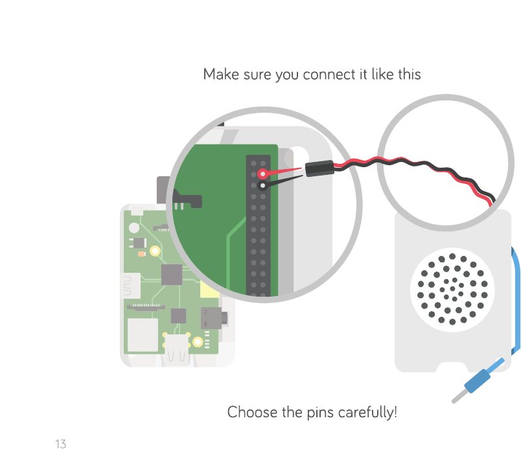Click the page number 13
(x=60, y=444)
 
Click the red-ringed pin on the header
(x=262, y=174)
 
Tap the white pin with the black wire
(x=262, y=185)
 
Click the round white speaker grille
(x=453, y=289)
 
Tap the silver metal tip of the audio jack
(x=457, y=397)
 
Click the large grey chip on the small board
(x=171, y=274)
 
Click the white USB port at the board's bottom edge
(x=177, y=348)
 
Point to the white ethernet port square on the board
(x=143, y=335)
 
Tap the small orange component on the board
(x=141, y=253)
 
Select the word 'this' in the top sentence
(x=410, y=75)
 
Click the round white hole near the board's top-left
(x=134, y=227)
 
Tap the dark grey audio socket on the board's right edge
(x=212, y=317)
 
